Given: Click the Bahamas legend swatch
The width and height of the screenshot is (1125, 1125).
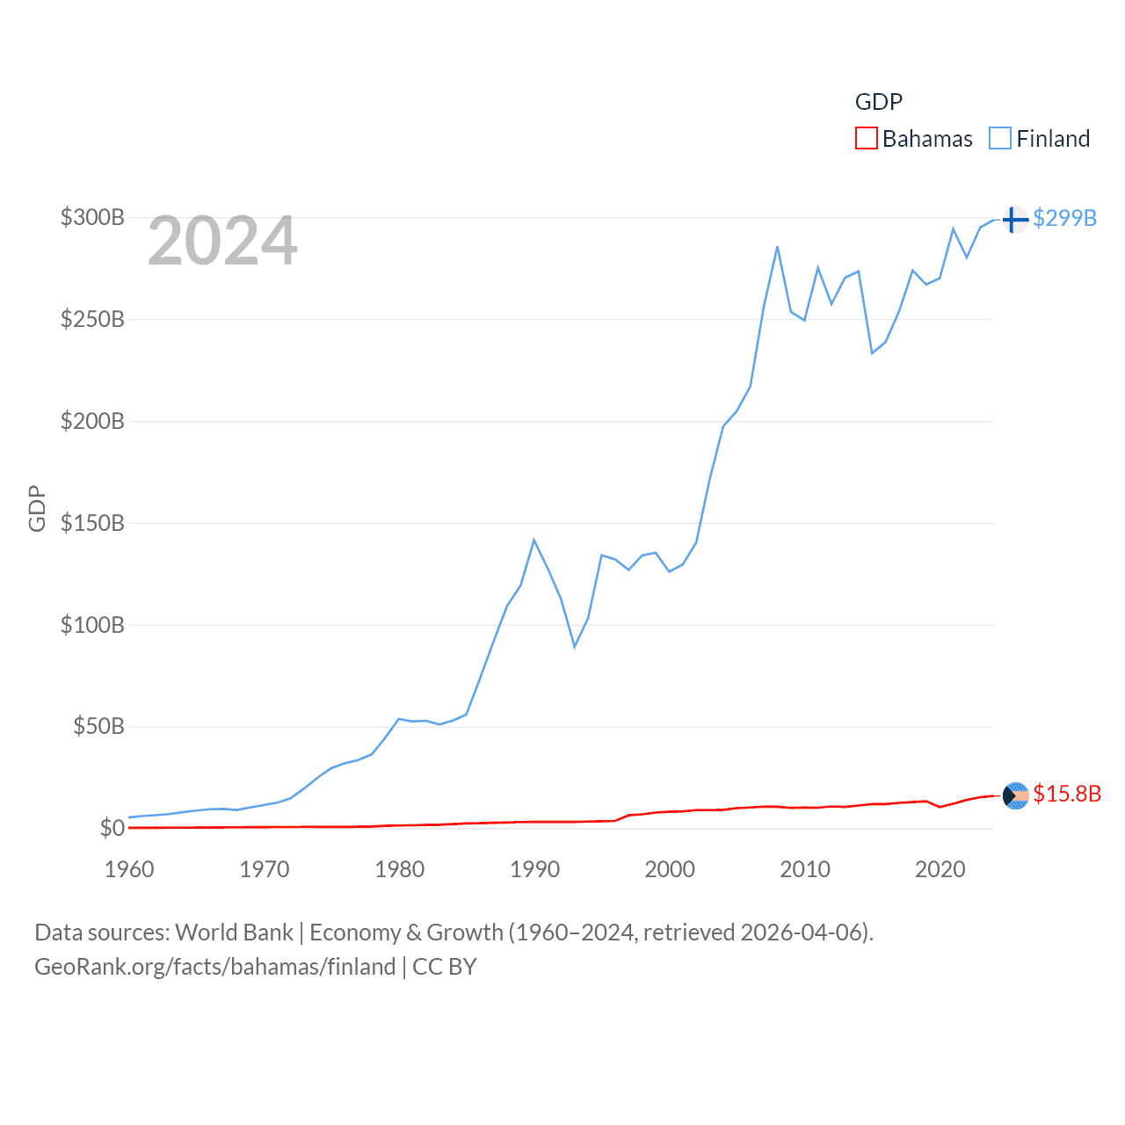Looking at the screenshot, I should [866, 139].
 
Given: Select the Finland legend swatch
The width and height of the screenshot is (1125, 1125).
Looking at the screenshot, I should [1000, 139].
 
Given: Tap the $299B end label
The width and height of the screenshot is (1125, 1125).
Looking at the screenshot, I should [1064, 218].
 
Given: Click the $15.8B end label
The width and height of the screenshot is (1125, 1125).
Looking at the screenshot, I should [1067, 794].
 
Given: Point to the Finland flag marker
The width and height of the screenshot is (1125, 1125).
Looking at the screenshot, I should [1015, 219].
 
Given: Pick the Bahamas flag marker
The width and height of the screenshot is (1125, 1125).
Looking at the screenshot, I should [1015, 795].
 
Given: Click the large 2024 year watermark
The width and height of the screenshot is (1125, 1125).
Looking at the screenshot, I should [222, 241].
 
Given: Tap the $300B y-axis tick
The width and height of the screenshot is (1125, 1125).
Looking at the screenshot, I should [92, 217].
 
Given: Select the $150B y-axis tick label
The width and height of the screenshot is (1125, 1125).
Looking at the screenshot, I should [92, 523].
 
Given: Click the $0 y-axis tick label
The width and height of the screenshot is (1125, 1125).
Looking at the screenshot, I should [112, 828].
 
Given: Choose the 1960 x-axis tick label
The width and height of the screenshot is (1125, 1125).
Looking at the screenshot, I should [129, 869].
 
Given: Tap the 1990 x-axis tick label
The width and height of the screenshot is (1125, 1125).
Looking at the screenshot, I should [534, 869].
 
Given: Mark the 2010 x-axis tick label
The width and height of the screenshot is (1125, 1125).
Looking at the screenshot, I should [805, 869].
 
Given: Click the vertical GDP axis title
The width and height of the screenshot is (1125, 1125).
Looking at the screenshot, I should [37, 508].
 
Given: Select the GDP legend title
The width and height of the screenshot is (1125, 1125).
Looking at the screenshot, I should [879, 102].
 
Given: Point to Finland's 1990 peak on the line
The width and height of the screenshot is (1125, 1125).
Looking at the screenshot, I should [533, 540].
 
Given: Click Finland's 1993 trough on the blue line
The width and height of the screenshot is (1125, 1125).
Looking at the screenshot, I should [575, 647].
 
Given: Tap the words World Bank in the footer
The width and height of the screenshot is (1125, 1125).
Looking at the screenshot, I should [235, 932].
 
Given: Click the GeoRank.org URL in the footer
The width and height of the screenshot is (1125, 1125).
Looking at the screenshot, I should [215, 967].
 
